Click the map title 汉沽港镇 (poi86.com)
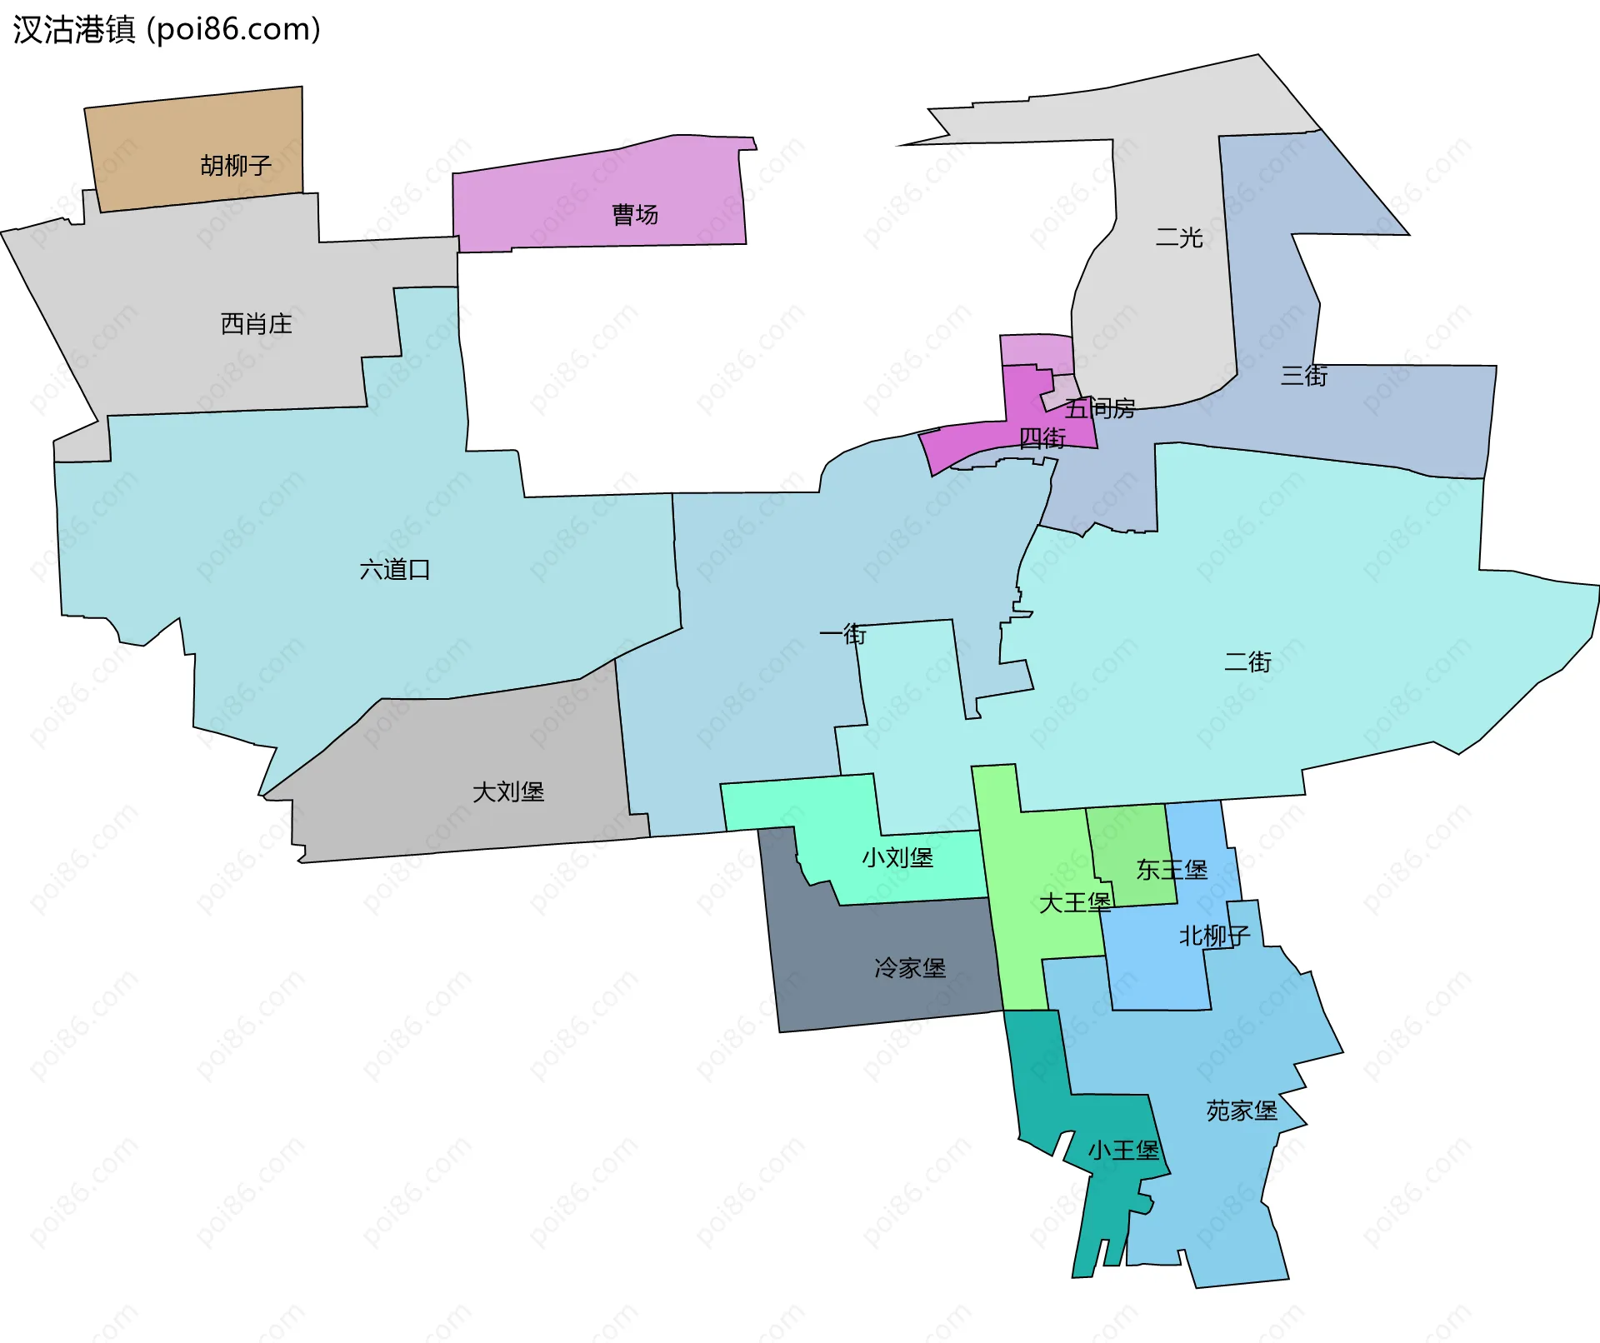coord(167,30)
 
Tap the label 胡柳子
coord(236,166)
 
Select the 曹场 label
coord(635,215)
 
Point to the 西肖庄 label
coord(257,324)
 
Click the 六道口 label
coord(395,570)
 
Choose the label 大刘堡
coord(508,791)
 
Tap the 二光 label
coord(1179,238)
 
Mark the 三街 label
coord(1304,376)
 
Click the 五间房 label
coord(1100,408)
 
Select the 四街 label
coord(1042,438)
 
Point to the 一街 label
coord(842,635)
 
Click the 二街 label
coord(1247,662)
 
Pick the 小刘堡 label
coord(897,857)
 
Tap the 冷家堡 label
coord(910,968)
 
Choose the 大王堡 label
coord(1075,902)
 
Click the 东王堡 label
coord(1172,870)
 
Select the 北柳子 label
coord(1214,936)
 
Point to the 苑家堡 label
coord(1242,1111)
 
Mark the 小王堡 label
coord(1123,1151)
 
